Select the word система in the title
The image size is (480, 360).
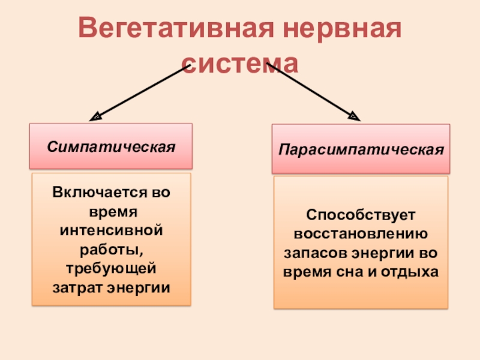tap(239, 62)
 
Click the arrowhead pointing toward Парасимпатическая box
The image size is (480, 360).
tap(354, 115)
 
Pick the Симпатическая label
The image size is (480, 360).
tap(111, 146)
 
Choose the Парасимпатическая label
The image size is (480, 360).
tap(361, 148)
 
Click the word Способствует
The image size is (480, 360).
tap(361, 214)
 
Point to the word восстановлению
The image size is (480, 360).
tap(361, 233)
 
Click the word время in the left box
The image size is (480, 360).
tap(112, 212)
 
